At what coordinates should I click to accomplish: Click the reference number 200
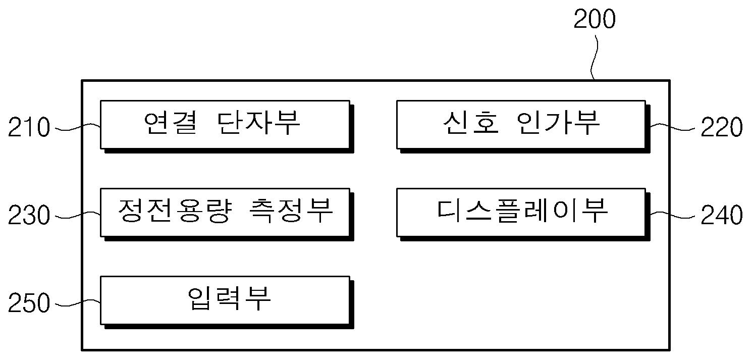click(x=595, y=20)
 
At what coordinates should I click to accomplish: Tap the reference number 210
click(x=29, y=128)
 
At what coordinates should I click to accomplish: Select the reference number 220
click(x=722, y=128)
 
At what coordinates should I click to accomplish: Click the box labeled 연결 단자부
click(x=225, y=124)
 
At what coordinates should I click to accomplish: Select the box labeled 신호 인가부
click(x=521, y=124)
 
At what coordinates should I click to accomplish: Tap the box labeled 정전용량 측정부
click(x=225, y=212)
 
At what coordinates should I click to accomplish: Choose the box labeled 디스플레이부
click(x=521, y=212)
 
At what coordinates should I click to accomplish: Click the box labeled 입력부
click(x=225, y=300)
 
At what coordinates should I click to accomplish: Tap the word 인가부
click(x=559, y=124)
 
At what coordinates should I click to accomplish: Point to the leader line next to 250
click(x=76, y=303)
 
